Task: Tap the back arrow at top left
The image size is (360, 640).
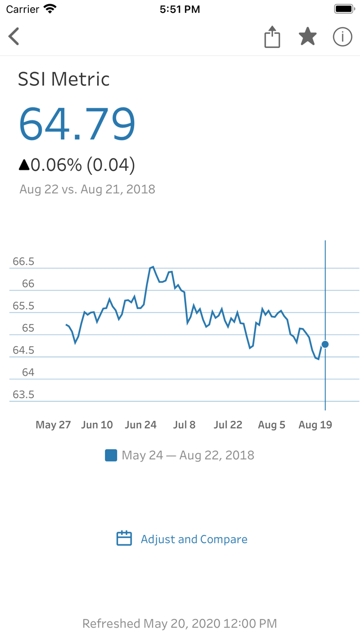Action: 14,37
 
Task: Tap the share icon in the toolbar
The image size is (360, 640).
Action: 272,37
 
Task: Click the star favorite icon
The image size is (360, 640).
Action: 308,37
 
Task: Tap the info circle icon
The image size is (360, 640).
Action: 343,37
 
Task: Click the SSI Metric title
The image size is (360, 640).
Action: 64,79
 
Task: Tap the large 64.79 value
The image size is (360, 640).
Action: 77,124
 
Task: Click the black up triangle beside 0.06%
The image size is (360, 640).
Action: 24,165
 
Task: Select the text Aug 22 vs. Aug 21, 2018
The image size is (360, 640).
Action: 87,189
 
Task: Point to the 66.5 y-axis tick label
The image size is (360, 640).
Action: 24,261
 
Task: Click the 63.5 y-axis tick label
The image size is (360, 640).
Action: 24,395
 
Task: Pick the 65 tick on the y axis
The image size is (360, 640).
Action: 28,328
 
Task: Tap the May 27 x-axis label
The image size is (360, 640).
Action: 53,425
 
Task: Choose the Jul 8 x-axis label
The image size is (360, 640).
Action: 184,425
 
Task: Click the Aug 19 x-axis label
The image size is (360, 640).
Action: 315,425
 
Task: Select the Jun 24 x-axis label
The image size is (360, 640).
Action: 140,425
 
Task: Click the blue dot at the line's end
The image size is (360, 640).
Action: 325,344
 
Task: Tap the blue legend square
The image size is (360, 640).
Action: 111,455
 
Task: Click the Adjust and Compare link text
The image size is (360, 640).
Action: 194,539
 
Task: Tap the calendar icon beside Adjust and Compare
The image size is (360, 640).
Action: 124,539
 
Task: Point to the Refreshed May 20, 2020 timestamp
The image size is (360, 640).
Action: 179,624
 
